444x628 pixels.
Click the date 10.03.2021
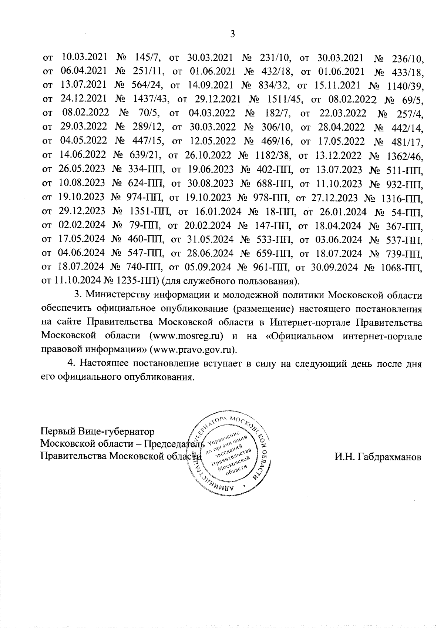(x=84, y=57)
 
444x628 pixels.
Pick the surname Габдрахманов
(x=378, y=457)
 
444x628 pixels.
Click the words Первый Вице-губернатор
(x=97, y=431)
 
